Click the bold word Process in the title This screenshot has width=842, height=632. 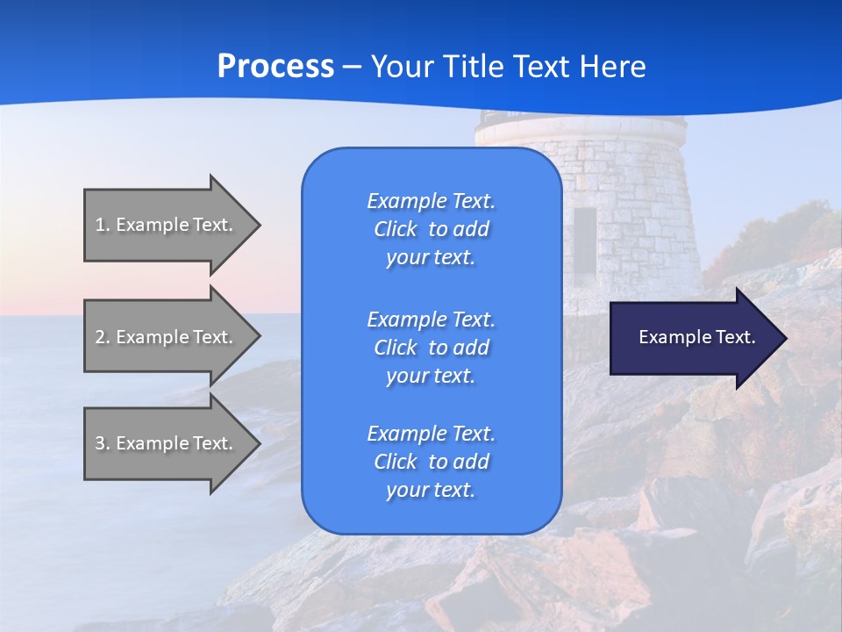(x=275, y=67)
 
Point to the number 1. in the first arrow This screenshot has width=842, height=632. (x=103, y=225)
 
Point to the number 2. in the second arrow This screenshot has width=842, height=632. (x=103, y=337)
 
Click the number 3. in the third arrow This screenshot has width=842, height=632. (x=103, y=443)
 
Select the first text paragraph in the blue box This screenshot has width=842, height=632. (x=431, y=229)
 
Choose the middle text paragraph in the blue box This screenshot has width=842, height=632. (x=431, y=348)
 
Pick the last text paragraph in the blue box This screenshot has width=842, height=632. (x=431, y=462)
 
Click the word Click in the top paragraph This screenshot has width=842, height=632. (x=395, y=229)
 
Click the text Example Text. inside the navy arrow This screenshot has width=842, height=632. (x=696, y=337)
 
